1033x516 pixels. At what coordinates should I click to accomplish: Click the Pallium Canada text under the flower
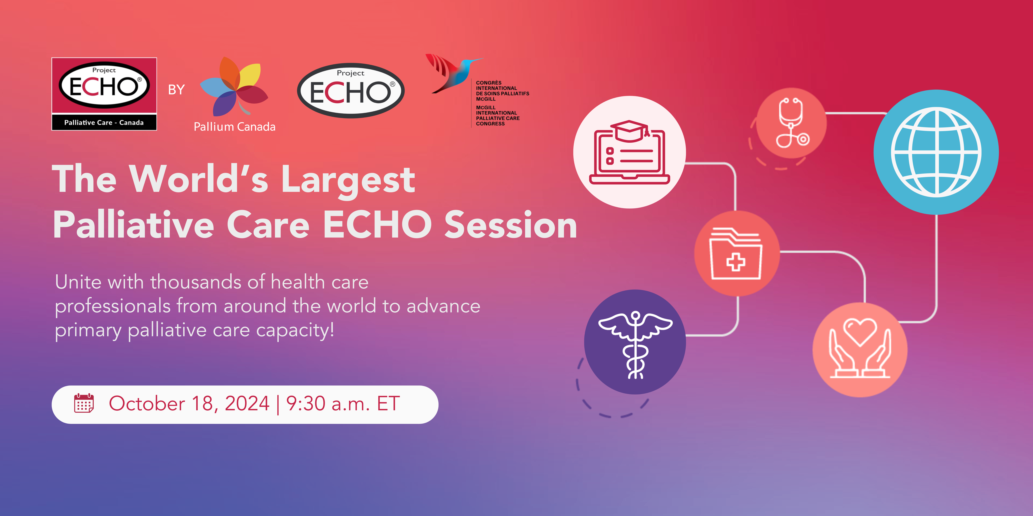(235, 127)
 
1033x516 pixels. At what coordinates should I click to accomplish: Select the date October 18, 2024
(189, 403)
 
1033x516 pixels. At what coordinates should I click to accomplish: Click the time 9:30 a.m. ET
(343, 403)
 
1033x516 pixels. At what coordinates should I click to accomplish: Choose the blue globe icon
(936, 152)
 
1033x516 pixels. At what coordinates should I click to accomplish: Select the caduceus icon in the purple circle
(635, 345)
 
